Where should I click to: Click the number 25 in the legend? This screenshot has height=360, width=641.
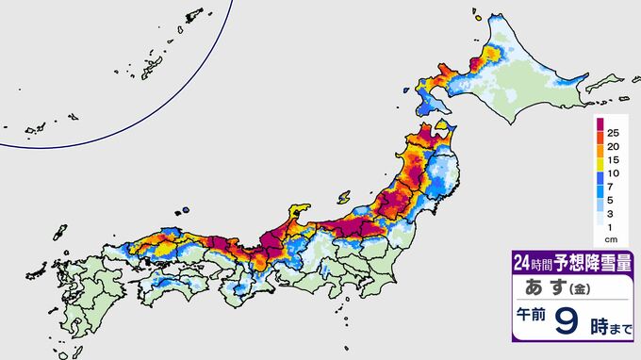point(613,129)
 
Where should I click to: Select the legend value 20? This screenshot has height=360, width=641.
point(613,147)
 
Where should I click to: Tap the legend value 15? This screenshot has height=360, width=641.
point(613,164)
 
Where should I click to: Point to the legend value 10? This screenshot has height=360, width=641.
point(613,182)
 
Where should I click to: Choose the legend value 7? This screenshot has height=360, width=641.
point(613,199)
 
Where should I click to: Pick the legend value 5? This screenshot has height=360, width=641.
point(613,215)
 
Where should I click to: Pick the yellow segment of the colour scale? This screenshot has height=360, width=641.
point(599,164)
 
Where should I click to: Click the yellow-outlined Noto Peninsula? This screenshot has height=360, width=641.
point(300,213)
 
